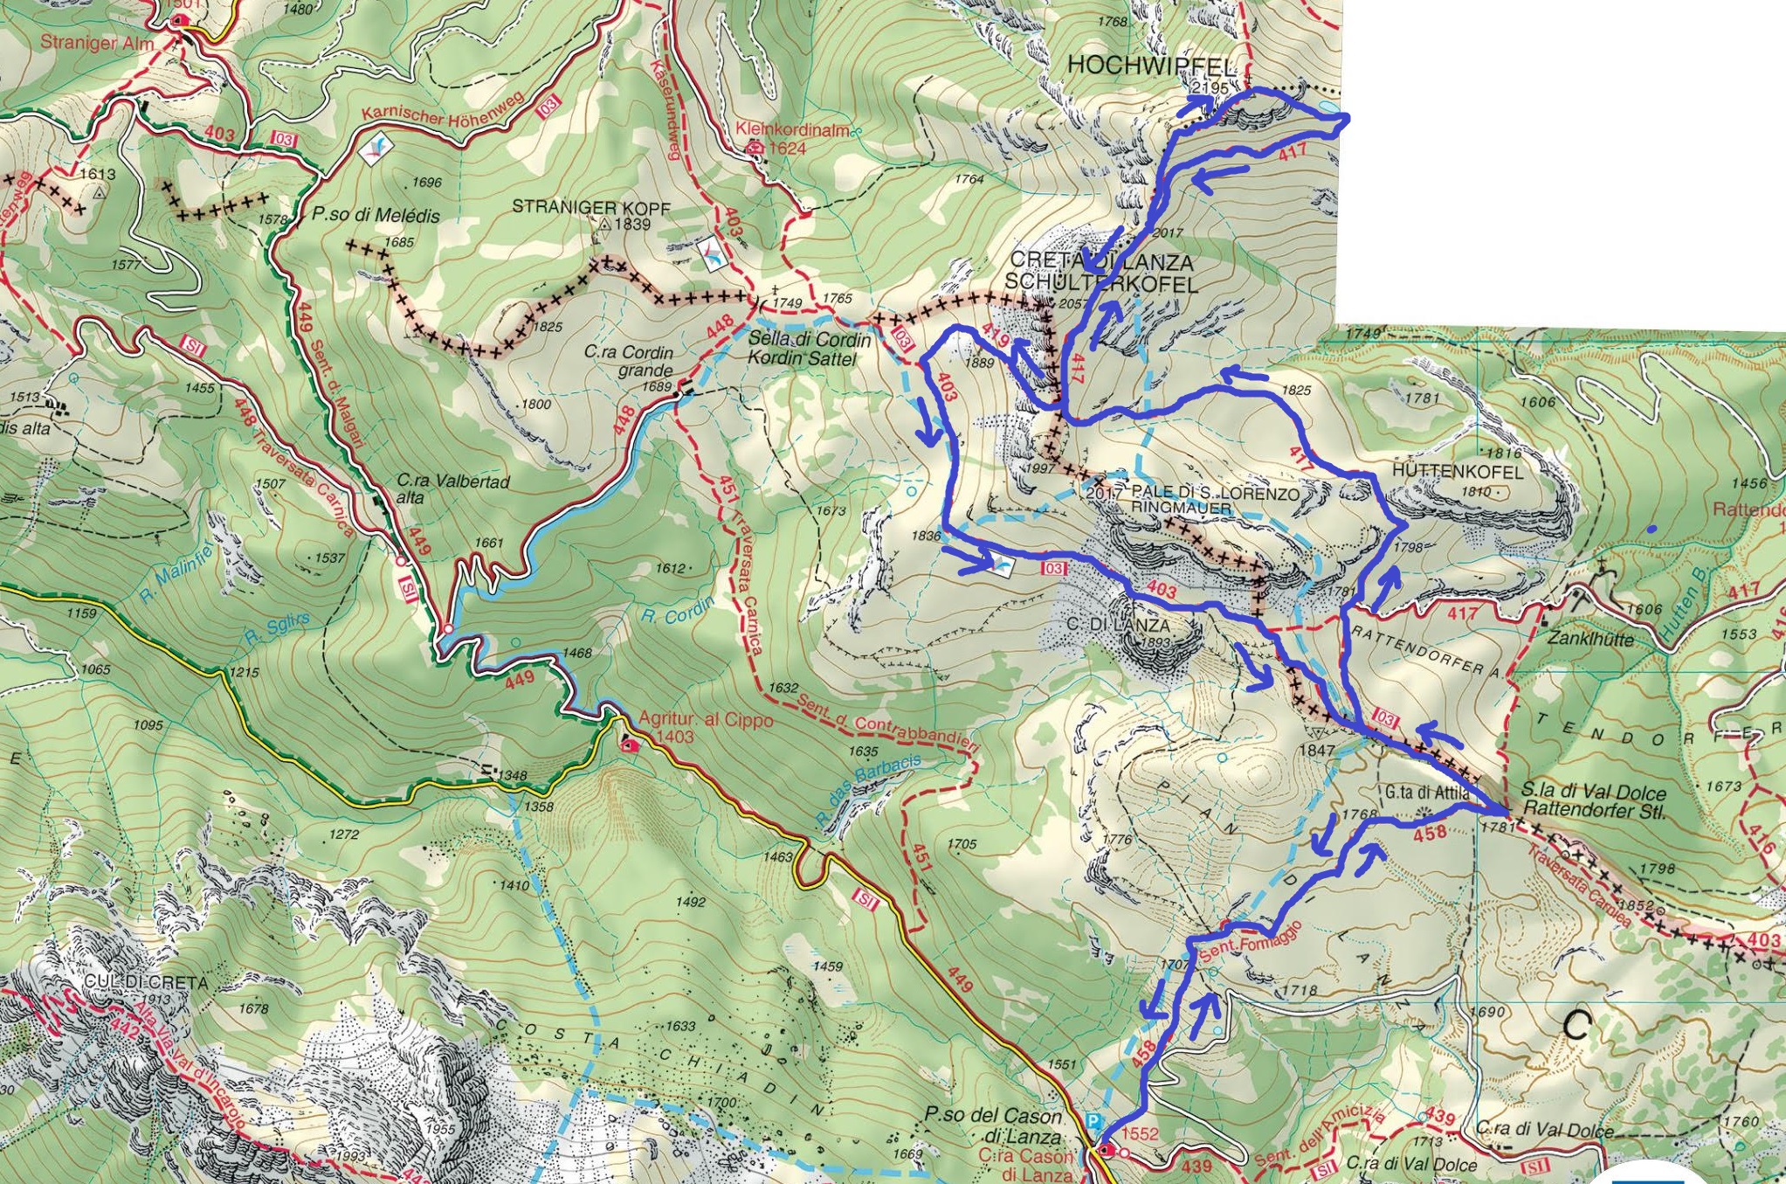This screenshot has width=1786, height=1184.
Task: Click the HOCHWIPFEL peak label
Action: (1152, 65)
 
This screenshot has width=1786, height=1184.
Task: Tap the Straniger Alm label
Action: (97, 43)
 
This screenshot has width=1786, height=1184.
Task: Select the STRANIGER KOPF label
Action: (591, 207)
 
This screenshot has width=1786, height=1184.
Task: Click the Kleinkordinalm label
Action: (792, 129)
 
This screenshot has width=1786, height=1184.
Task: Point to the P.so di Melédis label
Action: (376, 215)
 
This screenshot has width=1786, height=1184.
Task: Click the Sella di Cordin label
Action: (809, 340)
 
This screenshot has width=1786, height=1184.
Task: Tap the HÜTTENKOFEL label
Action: (1457, 471)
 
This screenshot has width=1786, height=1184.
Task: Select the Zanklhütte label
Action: (1590, 639)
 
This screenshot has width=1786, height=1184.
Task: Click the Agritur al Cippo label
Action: (706, 720)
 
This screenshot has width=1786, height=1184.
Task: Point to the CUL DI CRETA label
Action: (146, 982)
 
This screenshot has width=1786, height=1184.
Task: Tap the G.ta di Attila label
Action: (1427, 793)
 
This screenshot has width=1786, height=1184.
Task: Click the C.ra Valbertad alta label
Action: (452, 488)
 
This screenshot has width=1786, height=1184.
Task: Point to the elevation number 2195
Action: (1210, 87)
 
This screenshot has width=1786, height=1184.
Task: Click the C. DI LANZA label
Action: (1118, 625)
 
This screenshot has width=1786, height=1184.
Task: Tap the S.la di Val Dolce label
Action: (1593, 792)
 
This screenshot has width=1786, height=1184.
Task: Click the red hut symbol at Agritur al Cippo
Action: (628, 745)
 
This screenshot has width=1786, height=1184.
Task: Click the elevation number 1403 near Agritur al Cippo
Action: (674, 737)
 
